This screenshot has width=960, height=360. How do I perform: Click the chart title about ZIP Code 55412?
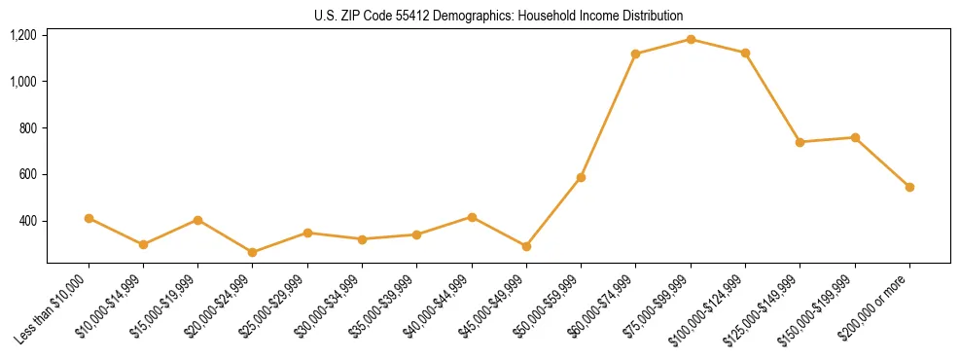[498, 16]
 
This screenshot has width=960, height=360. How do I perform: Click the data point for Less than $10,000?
[89, 218]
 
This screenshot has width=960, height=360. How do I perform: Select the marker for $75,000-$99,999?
[691, 39]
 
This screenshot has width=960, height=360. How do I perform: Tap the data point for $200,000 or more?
[909, 187]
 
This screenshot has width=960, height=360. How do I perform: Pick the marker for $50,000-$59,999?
[581, 177]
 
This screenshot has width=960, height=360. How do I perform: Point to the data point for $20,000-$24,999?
[253, 252]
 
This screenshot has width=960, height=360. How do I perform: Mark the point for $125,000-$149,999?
[800, 142]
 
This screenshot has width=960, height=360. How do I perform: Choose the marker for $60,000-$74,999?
[635, 54]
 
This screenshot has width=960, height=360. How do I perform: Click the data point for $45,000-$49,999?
[526, 246]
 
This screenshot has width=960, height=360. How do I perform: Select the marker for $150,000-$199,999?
[855, 137]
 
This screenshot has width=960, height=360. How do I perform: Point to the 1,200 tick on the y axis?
[23, 35]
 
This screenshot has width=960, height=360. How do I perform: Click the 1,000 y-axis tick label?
[23, 82]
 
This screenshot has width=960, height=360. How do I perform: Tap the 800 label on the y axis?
[28, 128]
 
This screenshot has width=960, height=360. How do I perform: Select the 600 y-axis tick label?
[28, 175]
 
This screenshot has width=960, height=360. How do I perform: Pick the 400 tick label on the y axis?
[28, 222]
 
